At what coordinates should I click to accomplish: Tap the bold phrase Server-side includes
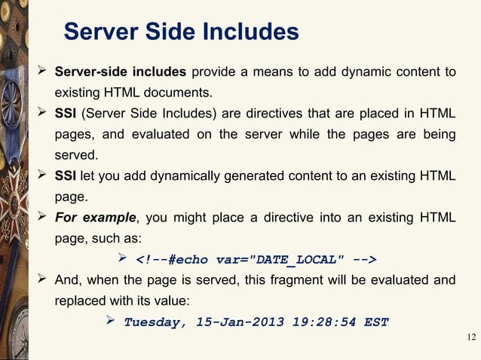120,72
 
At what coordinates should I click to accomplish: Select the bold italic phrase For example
94,219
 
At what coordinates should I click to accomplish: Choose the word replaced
78,301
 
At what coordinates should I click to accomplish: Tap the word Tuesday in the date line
155,322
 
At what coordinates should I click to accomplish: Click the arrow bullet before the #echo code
125,260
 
